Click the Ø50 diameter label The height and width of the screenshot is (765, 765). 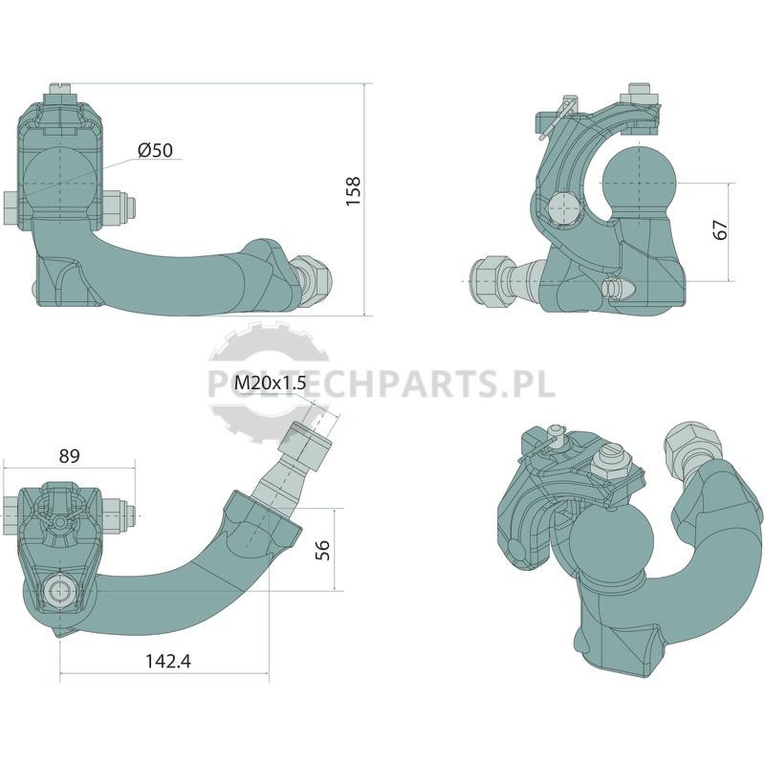(155, 150)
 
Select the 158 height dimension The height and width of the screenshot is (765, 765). (353, 190)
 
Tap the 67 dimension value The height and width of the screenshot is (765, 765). (720, 229)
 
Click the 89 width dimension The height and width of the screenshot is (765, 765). (69, 456)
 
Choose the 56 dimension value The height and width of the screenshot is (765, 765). (322, 550)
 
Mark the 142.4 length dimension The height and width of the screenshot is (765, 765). (168, 661)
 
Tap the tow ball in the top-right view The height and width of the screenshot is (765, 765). (640, 181)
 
